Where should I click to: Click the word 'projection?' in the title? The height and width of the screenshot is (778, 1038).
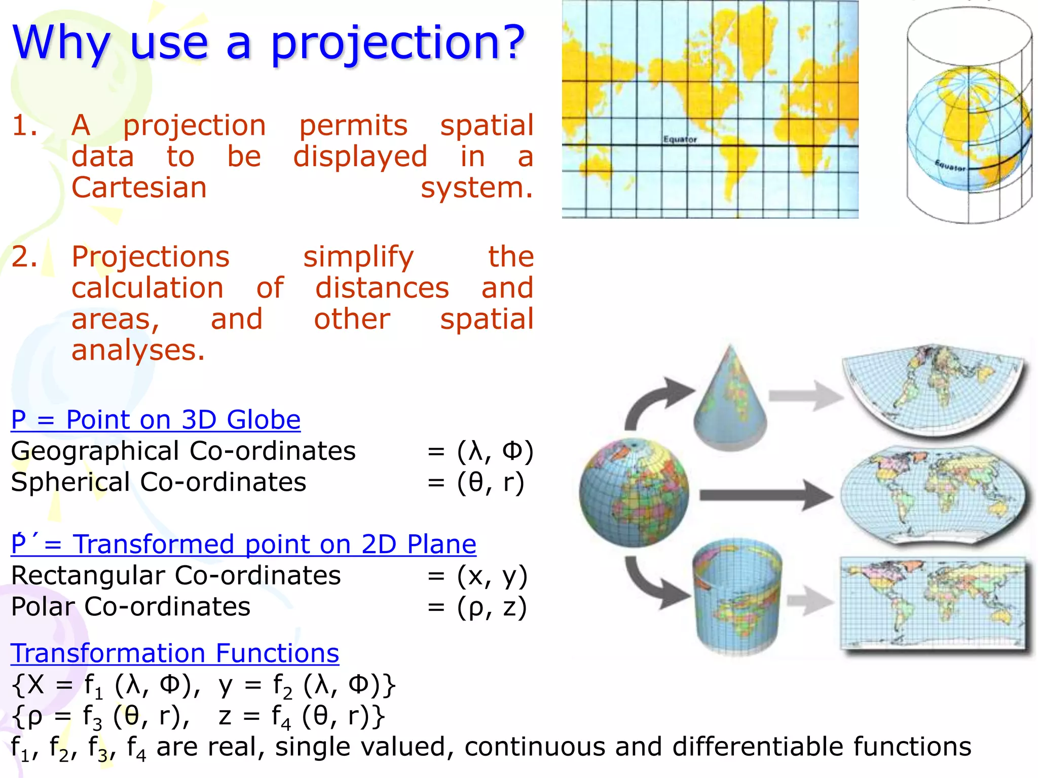398,43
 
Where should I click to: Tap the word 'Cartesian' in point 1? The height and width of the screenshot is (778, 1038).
139,188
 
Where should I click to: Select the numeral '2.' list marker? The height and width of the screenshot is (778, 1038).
24,257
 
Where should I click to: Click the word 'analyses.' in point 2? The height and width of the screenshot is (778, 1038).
138,351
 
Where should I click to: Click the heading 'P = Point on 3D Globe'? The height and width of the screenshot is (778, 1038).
156,420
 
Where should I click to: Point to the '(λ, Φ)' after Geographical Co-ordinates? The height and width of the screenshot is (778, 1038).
495,451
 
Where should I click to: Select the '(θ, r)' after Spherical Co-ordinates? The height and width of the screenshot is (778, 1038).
490,482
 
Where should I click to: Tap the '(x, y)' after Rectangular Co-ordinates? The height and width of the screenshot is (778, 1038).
492,576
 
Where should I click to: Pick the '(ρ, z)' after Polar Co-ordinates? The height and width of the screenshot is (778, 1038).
492,607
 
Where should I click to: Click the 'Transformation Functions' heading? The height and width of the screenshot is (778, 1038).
175,653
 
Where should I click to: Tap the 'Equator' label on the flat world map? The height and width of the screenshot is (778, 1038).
680,139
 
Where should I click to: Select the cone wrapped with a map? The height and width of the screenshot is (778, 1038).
730,400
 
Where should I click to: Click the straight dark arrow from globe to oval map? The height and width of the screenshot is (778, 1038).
765,495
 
